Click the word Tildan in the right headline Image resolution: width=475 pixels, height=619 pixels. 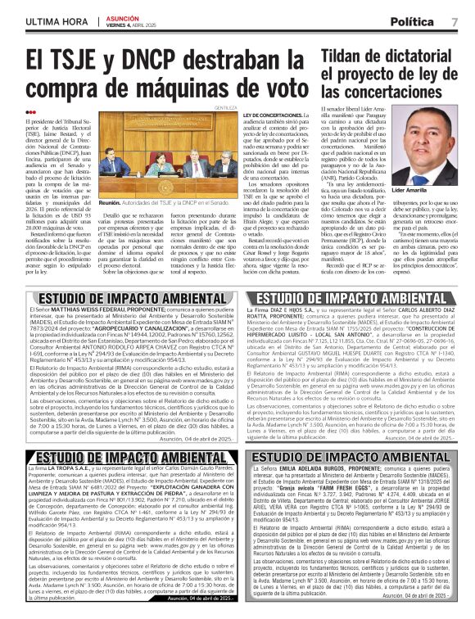coord(331,56)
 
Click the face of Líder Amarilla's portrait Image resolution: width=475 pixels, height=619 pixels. coord(427,143)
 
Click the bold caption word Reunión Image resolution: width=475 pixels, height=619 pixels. coord(110,201)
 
